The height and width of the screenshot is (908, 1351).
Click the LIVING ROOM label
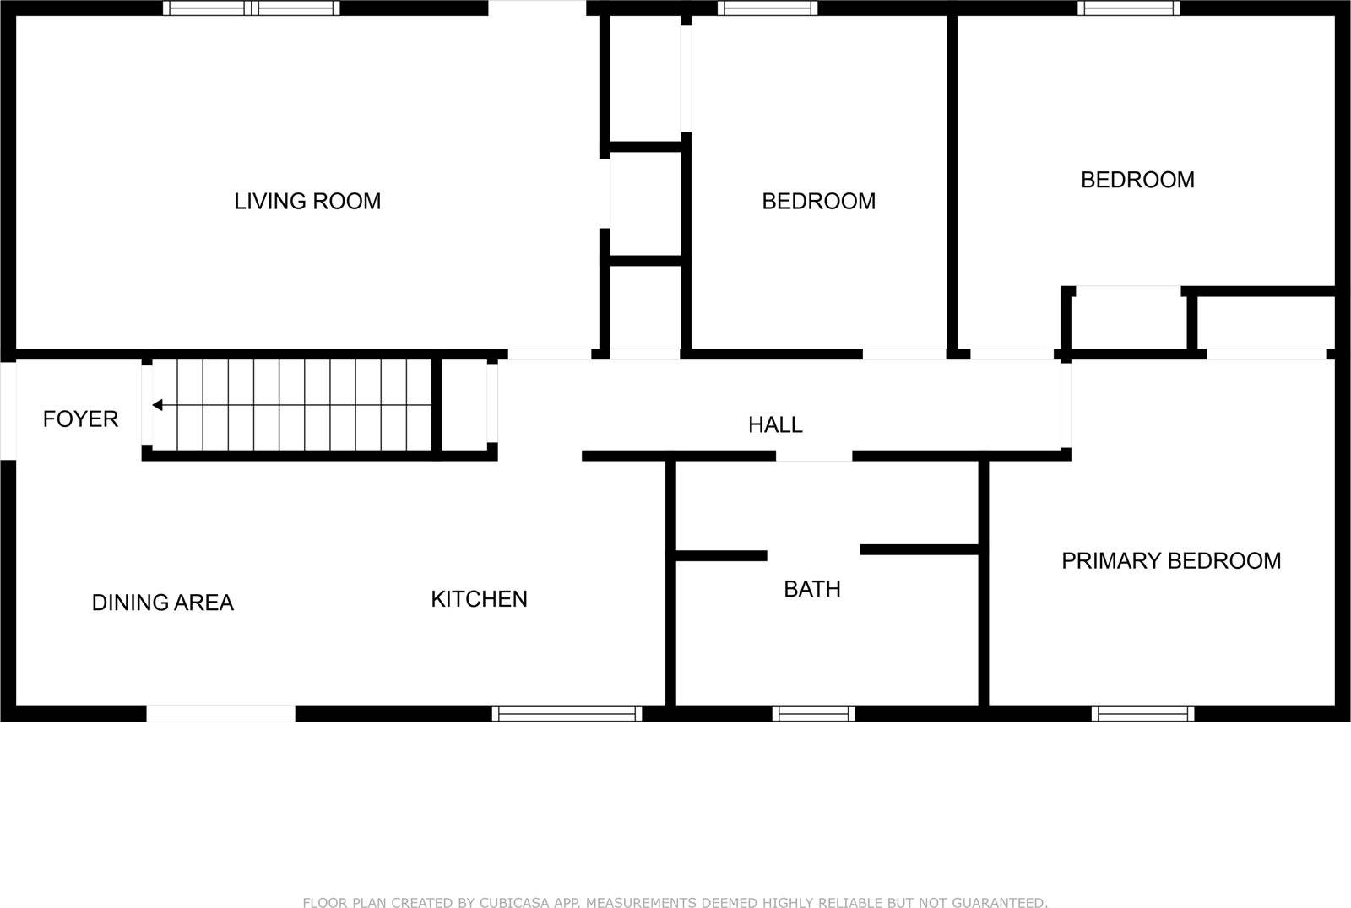pyautogui.click(x=307, y=201)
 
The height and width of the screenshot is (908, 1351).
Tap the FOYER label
pyautogui.click(x=80, y=419)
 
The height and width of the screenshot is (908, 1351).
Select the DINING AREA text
pyautogui.click(x=162, y=603)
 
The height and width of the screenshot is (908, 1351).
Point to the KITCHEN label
pyautogui.click(x=479, y=599)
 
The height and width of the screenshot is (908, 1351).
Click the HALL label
pyautogui.click(x=775, y=424)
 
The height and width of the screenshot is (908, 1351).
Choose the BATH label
pyautogui.click(x=811, y=589)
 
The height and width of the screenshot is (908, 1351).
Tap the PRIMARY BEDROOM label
pyautogui.click(x=1170, y=561)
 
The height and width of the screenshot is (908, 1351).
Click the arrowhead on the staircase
pyautogui.click(x=158, y=406)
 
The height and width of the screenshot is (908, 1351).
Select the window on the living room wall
pyautogui.click(x=252, y=8)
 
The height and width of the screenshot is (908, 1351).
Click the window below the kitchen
pyautogui.click(x=567, y=714)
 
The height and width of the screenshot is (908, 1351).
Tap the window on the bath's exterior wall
pyautogui.click(x=813, y=714)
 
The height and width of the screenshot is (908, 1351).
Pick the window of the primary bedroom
pyautogui.click(x=1142, y=714)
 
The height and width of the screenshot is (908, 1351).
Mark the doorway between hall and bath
pyautogui.click(x=814, y=456)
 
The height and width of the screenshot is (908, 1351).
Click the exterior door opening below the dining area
pyautogui.click(x=221, y=714)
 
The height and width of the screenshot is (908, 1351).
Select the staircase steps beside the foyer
pyautogui.click(x=304, y=406)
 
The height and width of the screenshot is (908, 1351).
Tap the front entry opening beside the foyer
pyautogui.click(x=8, y=411)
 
